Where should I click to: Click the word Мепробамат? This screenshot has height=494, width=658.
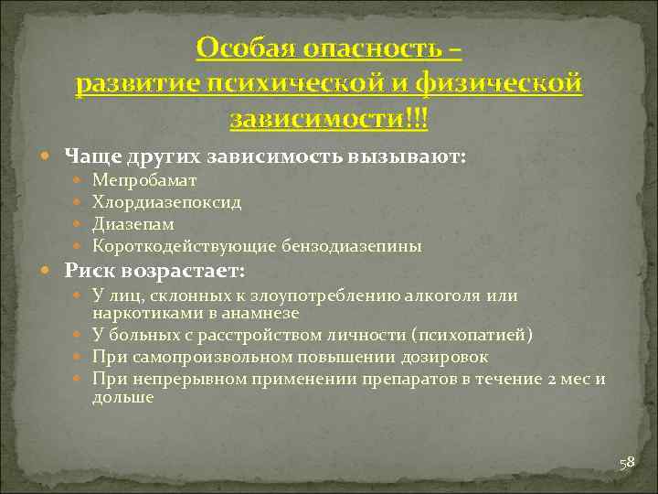[144, 181]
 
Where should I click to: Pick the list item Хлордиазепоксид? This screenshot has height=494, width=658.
[167, 202]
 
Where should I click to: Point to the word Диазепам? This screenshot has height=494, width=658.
[133, 224]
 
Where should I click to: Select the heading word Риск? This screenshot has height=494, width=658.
[90, 272]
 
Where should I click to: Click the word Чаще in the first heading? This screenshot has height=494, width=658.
[91, 156]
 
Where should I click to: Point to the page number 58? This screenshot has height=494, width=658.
[627, 463]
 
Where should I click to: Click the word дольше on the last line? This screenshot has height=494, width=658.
[122, 398]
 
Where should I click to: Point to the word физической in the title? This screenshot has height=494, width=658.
[498, 83]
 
